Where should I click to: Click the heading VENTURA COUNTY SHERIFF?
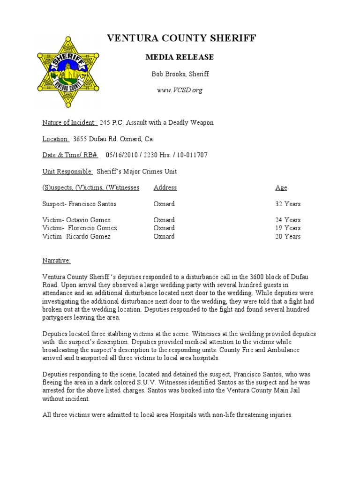(182, 38)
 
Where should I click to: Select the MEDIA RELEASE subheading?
(180, 57)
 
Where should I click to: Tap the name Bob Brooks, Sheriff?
(180, 74)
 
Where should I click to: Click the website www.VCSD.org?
(180, 90)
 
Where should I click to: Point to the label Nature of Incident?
(70, 123)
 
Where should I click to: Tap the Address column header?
(165, 187)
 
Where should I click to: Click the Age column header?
(281, 187)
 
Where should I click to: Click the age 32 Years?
(288, 204)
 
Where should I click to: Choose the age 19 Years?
(288, 228)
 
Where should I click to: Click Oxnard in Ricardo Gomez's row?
(164, 236)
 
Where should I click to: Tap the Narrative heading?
(56, 260)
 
